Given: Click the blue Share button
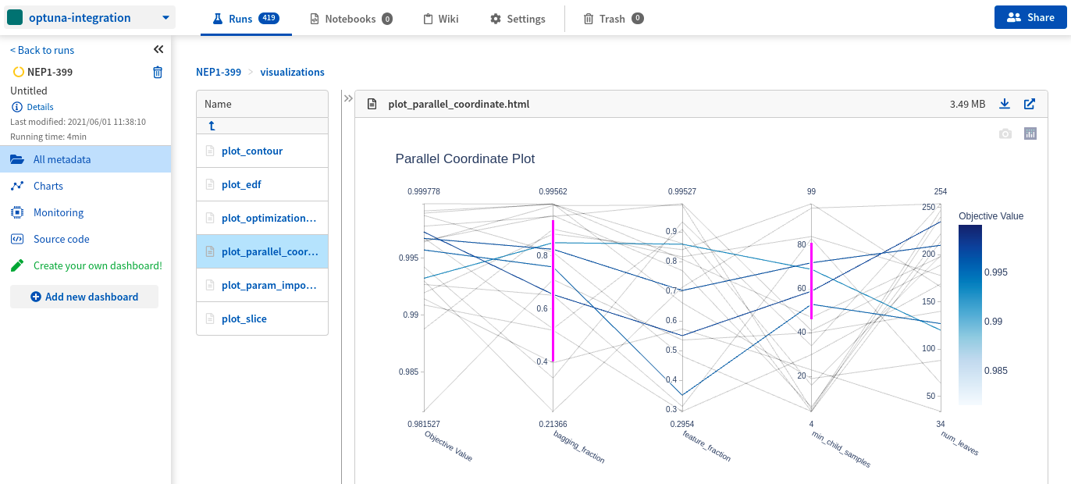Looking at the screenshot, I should click(1030, 17).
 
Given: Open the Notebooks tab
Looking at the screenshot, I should click(350, 19).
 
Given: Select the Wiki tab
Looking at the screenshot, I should click(440, 19).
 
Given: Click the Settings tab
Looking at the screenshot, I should click(517, 19).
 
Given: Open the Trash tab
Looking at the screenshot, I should click(613, 19).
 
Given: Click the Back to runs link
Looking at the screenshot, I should click(42, 50).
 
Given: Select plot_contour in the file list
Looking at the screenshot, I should click(251, 151).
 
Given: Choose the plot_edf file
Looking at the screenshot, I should click(241, 184).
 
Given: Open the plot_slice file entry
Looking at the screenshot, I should click(244, 319).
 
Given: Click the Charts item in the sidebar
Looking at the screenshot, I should click(48, 186).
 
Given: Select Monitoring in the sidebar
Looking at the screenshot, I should click(58, 212).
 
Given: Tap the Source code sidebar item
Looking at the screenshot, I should click(61, 239).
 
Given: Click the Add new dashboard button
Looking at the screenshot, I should click(84, 297).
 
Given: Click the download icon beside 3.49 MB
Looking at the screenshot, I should click(1005, 104).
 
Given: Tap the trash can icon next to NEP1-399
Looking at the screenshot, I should click(158, 72).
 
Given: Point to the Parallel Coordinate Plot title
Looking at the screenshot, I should click(464, 158).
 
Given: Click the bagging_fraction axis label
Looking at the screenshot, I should click(579, 447).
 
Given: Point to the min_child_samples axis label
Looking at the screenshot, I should click(841, 449).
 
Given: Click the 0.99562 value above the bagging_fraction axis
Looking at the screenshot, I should click(553, 191).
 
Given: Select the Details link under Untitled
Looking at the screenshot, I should click(40, 107).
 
